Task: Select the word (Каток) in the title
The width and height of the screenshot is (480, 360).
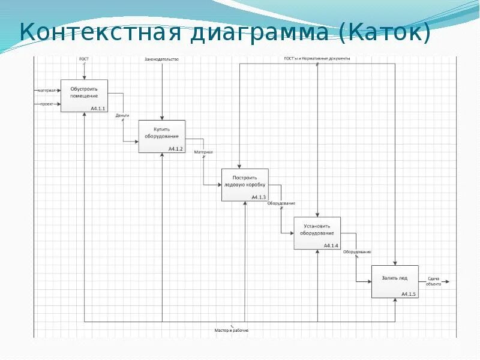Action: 385,32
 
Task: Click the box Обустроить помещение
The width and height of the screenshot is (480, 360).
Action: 84,95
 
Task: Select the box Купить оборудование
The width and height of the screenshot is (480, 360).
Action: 162,136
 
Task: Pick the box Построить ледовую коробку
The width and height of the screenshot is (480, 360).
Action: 244,185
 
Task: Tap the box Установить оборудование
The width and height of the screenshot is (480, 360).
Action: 317,233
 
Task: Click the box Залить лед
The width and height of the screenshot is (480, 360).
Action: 395,281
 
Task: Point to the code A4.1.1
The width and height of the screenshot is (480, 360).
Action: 98,109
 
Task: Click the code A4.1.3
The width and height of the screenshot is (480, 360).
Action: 259,197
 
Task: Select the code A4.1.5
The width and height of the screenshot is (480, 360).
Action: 409,294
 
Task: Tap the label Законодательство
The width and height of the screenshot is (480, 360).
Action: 161,59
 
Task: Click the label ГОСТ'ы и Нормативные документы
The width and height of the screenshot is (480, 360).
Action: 317,59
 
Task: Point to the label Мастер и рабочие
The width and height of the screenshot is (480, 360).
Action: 232,331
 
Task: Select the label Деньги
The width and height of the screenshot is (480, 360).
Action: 123,115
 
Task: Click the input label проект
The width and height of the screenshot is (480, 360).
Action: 47,104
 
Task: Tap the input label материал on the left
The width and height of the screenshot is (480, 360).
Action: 47,90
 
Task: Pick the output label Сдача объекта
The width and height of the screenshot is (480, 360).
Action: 433,281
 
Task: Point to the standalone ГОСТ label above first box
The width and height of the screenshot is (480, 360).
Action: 85,59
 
